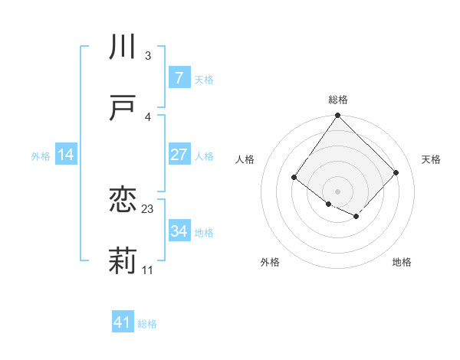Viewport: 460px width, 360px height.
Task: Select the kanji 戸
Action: coord(123,110)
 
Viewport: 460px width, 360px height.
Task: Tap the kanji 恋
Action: coord(123,201)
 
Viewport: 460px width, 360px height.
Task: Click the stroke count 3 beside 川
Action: coord(147,55)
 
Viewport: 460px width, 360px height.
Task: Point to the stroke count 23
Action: coord(148,208)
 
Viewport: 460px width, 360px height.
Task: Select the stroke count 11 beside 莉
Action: coord(148,270)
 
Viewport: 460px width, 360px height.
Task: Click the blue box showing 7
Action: coord(179,78)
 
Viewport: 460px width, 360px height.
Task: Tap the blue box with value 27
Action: coord(179,155)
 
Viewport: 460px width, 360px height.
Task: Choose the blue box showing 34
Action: coord(179,231)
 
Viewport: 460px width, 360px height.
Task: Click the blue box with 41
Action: coord(123,322)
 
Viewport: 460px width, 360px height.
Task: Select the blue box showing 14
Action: coord(66,155)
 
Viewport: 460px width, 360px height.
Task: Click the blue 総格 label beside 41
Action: coord(147,324)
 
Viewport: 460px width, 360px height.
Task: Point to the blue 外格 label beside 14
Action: coord(41,155)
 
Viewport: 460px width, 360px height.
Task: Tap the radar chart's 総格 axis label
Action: coord(337,100)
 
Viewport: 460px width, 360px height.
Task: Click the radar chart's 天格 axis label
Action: coord(431,159)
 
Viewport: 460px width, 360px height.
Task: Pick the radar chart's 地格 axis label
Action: coord(402,262)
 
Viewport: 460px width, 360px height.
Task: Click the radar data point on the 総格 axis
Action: coord(337,116)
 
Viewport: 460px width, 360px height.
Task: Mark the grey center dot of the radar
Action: coord(337,191)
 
